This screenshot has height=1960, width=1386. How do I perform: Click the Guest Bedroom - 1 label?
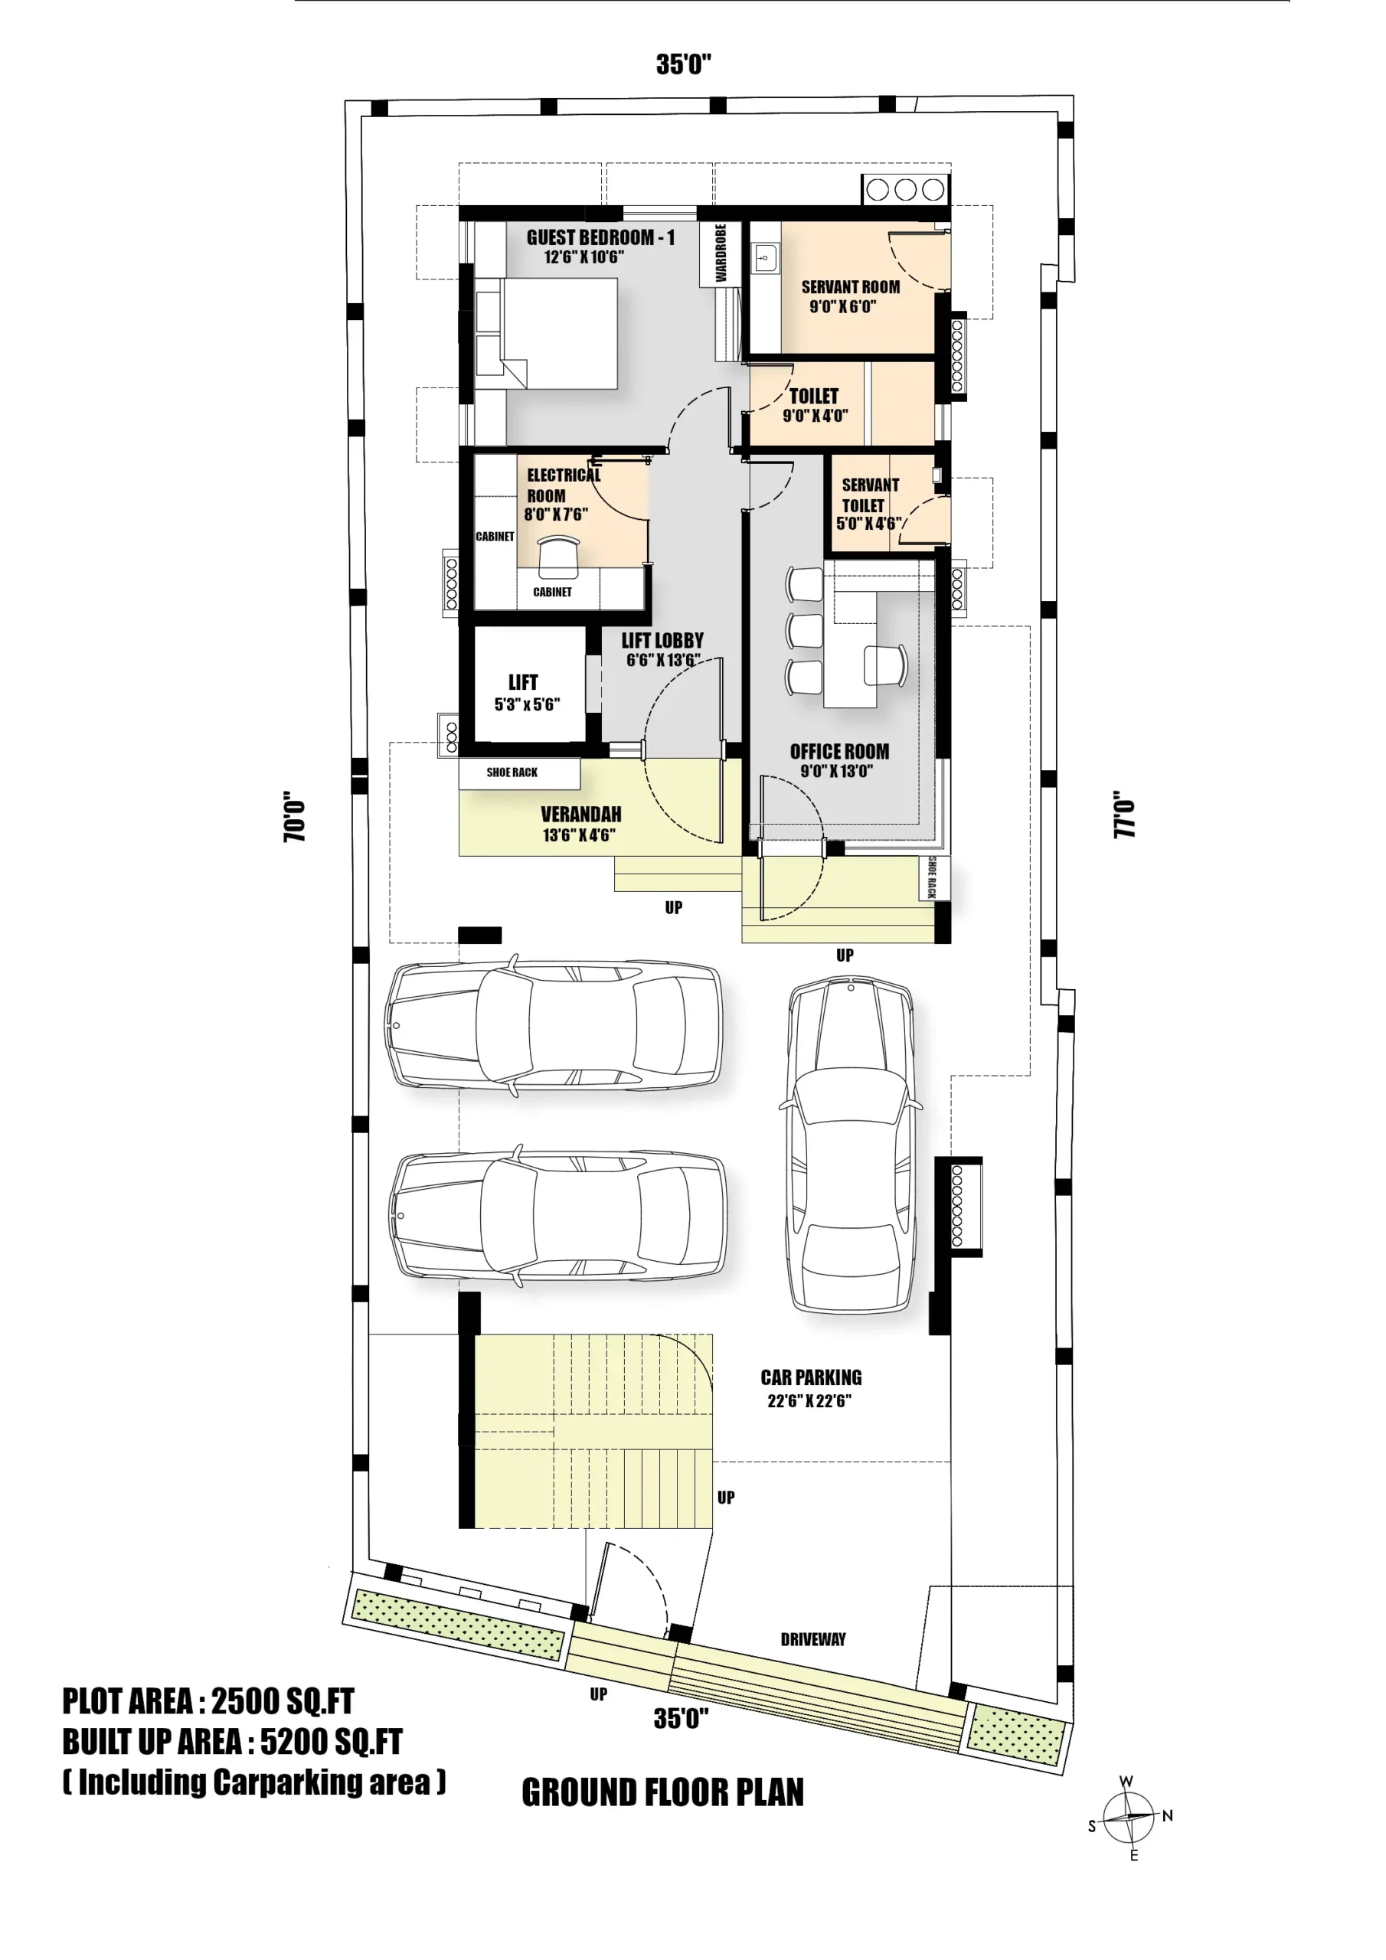600,237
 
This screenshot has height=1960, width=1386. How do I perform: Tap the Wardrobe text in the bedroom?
721,253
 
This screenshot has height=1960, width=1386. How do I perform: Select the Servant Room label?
850,287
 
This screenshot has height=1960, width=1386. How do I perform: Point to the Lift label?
523,682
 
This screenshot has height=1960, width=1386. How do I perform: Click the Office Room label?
838,751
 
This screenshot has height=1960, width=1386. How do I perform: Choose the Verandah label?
580,815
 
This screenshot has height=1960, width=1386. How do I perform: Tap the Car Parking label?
810,1377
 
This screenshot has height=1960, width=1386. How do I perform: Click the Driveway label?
813,1639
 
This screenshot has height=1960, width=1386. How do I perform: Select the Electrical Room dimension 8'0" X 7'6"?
556,514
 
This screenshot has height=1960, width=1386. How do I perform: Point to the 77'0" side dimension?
1124,815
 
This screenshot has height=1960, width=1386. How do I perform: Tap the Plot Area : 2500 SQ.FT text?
208,1701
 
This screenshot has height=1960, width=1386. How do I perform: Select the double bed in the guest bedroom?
547,334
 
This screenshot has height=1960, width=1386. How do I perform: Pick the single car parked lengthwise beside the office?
851,1145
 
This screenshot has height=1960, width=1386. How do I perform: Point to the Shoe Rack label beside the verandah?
512,773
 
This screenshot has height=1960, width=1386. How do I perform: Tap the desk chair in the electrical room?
558,556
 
